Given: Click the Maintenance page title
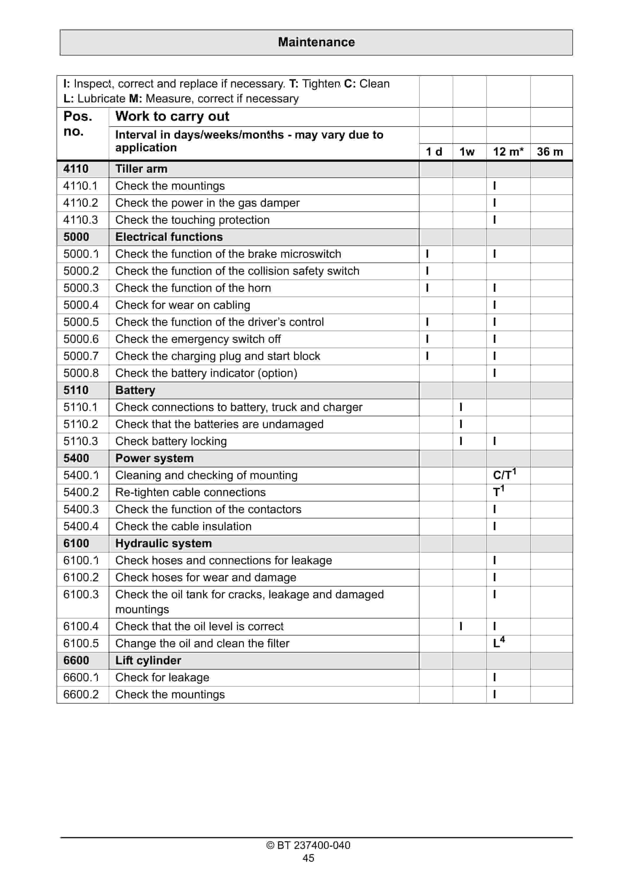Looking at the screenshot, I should click(316, 42).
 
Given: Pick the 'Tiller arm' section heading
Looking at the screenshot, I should click(141, 169).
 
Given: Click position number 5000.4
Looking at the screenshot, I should click(81, 305).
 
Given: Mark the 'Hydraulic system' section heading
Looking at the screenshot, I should click(164, 543).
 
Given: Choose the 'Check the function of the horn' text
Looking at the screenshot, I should click(193, 288).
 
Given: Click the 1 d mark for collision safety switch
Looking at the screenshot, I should click(427, 271).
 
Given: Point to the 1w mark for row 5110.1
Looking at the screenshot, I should click(461, 407).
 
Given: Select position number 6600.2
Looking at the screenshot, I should click(81, 694).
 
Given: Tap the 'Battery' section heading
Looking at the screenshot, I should click(135, 390).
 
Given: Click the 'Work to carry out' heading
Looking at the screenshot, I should click(172, 116).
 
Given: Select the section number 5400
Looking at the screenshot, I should click(76, 458).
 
